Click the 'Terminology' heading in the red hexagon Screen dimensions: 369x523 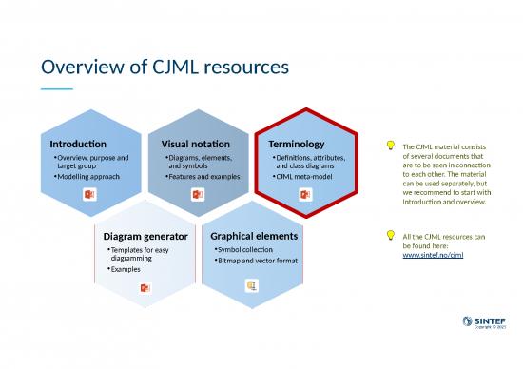click(x=297, y=143)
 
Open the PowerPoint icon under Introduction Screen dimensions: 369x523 click(x=90, y=195)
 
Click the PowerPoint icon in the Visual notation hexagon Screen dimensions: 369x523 click(x=198, y=195)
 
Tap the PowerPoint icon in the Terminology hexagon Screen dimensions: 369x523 click(x=305, y=195)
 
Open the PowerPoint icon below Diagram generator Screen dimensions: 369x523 click(x=145, y=287)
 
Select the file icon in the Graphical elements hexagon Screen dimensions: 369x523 click(x=252, y=285)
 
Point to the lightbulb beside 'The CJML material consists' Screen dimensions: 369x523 click(x=390, y=146)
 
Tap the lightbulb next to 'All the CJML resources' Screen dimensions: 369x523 click(x=390, y=235)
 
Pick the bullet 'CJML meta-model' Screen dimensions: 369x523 click(x=302, y=177)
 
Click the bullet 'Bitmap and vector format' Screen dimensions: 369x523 click(x=258, y=260)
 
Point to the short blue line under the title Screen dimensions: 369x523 click(x=56, y=89)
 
